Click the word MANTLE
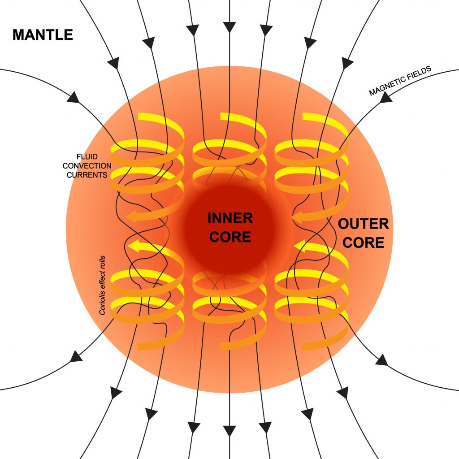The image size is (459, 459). click(43, 35)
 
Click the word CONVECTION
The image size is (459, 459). click(87, 166)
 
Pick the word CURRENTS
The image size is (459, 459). click(87, 175)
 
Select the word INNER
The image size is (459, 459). click(230, 219)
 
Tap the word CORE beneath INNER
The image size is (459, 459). click(230, 237)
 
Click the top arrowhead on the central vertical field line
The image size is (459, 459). click(229, 28)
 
